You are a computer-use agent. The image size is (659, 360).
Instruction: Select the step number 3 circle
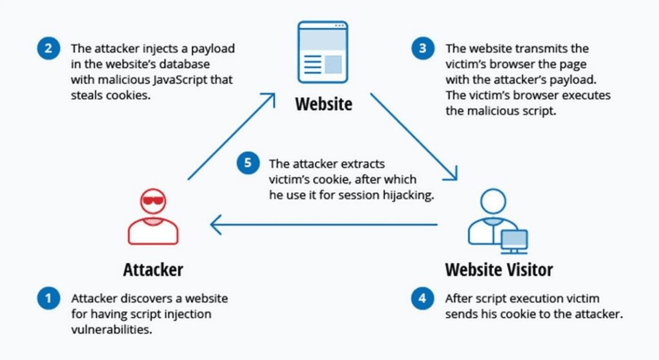click(x=422, y=49)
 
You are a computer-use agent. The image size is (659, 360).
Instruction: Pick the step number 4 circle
click(x=422, y=299)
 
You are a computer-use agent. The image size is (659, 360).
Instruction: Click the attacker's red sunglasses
click(x=153, y=201)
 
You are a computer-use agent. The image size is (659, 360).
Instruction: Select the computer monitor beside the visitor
click(x=514, y=240)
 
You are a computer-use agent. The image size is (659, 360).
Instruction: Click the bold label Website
click(x=324, y=104)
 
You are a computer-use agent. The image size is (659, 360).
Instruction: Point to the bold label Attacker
click(x=153, y=269)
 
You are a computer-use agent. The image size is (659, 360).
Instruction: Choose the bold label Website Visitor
click(x=499, y=269)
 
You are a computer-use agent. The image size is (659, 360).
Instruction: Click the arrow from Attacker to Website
click(x=231, y=136)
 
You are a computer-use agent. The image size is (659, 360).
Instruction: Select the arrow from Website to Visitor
click(x=414, y=136)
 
